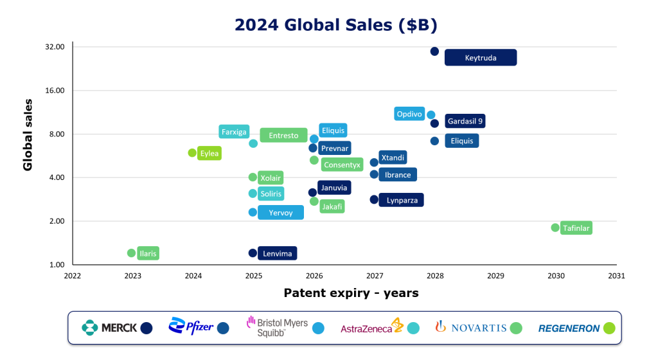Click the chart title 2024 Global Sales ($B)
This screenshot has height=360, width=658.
click(x=335, y=24)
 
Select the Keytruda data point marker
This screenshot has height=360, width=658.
click(x=434, y=51)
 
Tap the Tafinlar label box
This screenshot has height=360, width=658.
click(x=576, y=228)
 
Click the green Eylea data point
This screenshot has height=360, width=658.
click(x=192, y=153)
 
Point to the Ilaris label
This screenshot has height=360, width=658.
click(x=148, y=253)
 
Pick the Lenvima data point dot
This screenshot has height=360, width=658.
click(x=253, y=253)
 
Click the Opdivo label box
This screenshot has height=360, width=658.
click(x=409, y=114)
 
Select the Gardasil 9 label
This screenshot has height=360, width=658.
click(x=465, y=121)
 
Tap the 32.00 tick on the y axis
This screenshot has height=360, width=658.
click(x=55, y=47)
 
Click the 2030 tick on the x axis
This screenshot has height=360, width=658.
click(x=556, y=276)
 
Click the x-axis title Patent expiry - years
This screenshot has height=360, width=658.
click(x=351, y=293)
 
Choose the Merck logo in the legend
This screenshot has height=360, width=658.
click(x=109, y=328)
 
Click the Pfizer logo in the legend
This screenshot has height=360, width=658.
click(x=190, y=327)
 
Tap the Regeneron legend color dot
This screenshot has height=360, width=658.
click(x=609, y=328)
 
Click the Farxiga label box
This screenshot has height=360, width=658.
click(x=234, y=132)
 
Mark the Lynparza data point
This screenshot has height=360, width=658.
click(x=374, y=200)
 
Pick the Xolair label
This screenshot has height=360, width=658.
click(x=270, y=178)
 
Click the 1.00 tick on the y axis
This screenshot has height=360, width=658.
click(x=57, y=265)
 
